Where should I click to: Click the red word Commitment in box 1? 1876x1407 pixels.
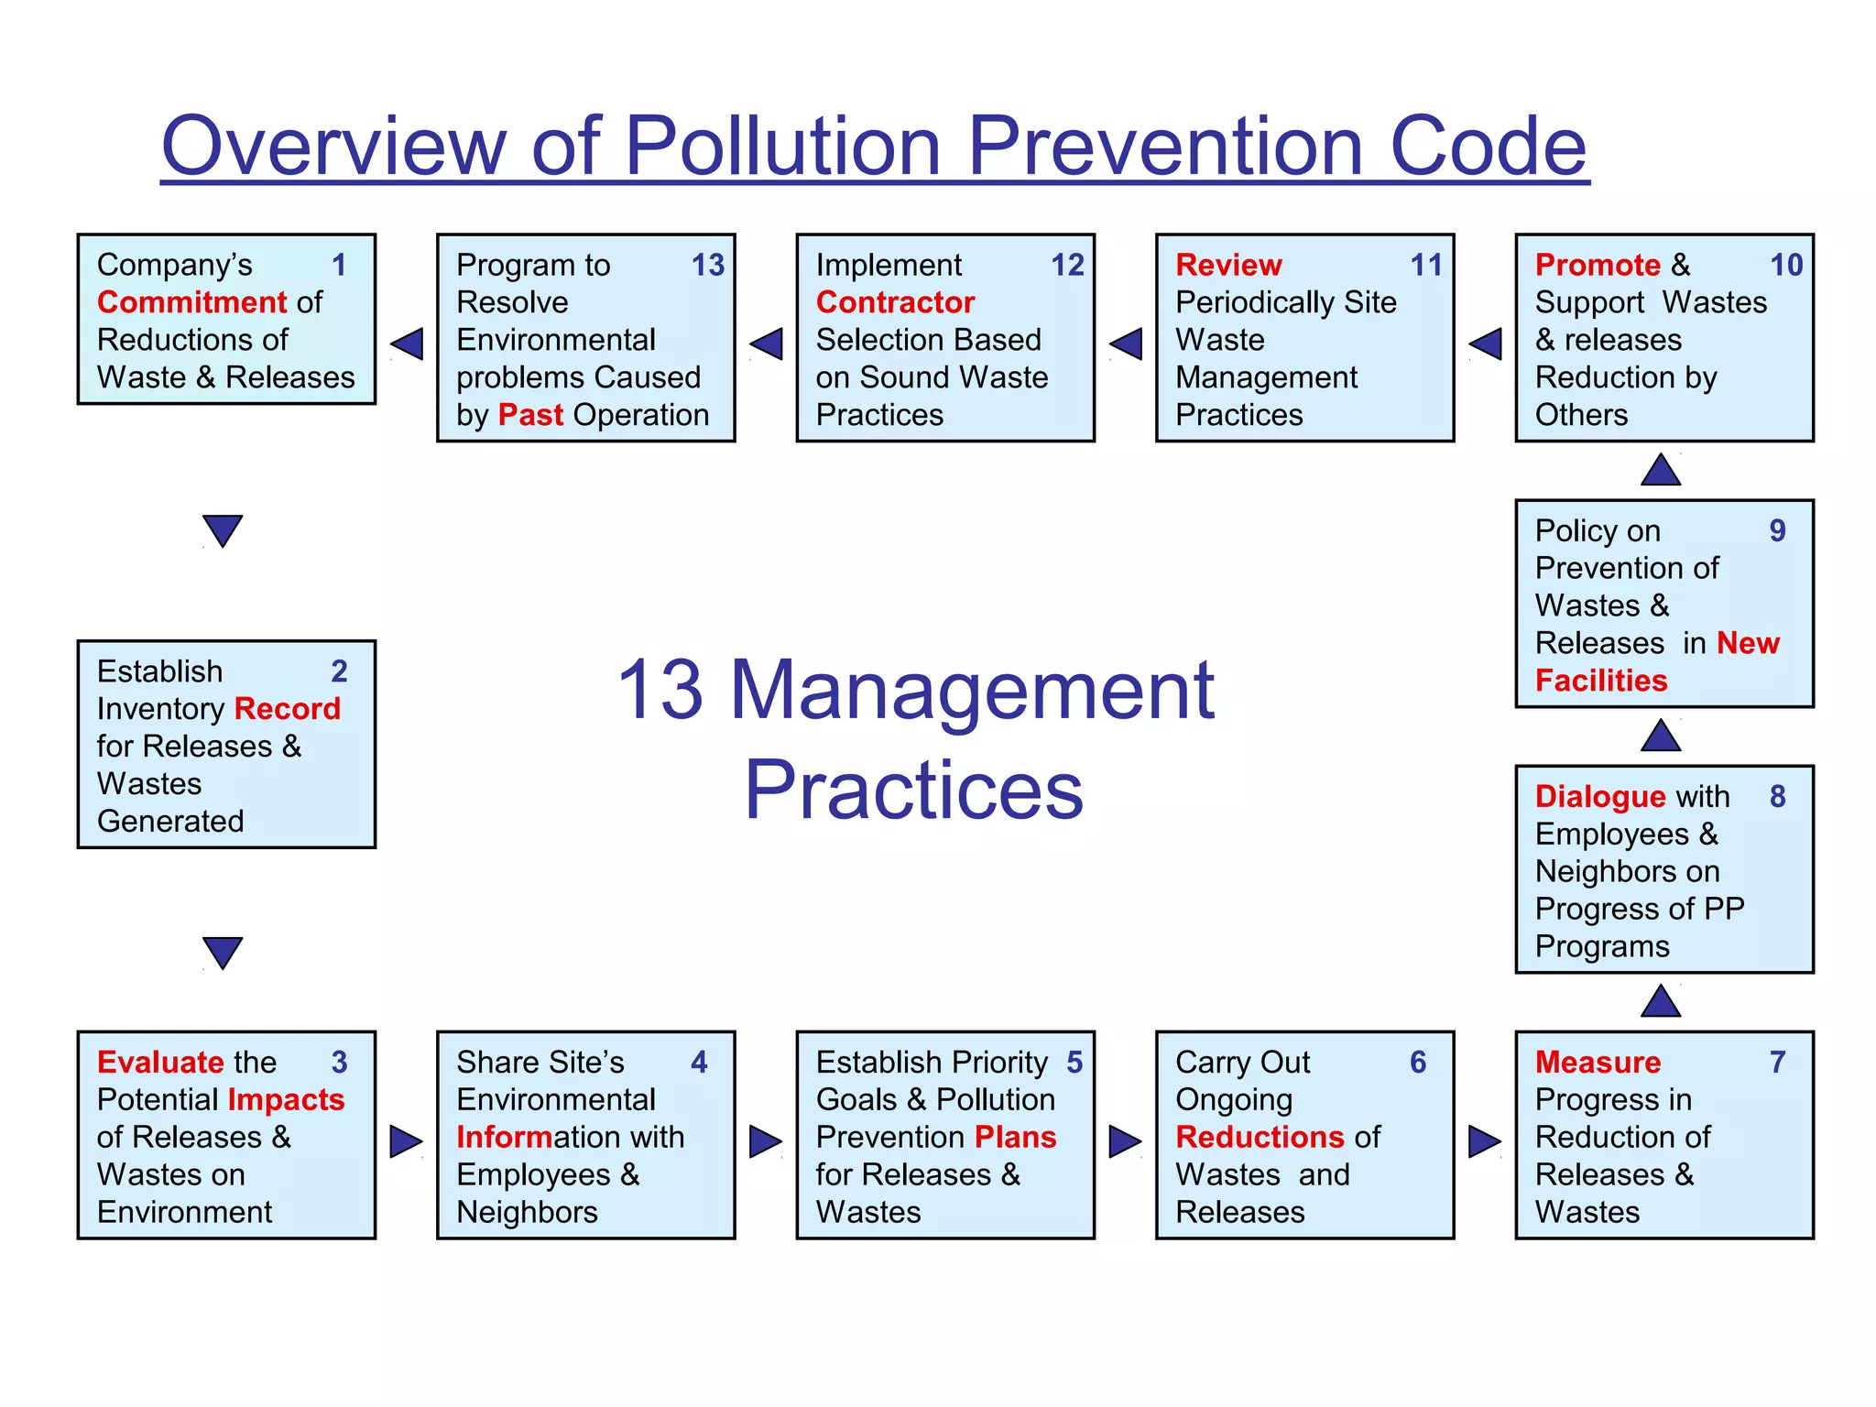[x=192, y=302]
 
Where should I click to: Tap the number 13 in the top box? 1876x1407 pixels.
[x=707, y=265]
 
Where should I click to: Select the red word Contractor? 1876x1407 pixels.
[x=895, y=302]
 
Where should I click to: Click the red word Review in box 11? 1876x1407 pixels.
[x=1228, y=265]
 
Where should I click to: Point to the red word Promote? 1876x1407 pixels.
[x=1598, y=265]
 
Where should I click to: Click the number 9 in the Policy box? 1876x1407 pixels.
[x=1777, y=530]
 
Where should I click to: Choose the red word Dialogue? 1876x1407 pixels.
[x=1599, y=796]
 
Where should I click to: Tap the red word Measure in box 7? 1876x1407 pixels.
[x=1598, y=1062]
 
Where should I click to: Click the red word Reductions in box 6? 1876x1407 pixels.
[x=1259, y=1137]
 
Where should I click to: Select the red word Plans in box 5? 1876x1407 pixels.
[x=1015, y=1137]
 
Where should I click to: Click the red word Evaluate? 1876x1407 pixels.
[x=160, y=1062]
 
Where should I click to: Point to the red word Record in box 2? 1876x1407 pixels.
[x=287, y=708]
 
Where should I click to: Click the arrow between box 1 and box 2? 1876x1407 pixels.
[x=223, y=530]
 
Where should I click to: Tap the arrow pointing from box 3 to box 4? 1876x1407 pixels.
[x=406, y=1141]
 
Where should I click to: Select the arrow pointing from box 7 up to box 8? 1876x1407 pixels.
[x=1661, y=1001]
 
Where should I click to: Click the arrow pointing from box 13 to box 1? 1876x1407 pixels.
[x=407, y=344]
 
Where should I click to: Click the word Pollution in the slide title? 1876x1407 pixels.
[x=783, y=147]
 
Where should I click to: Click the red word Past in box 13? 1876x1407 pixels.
[x=530, y=415]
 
